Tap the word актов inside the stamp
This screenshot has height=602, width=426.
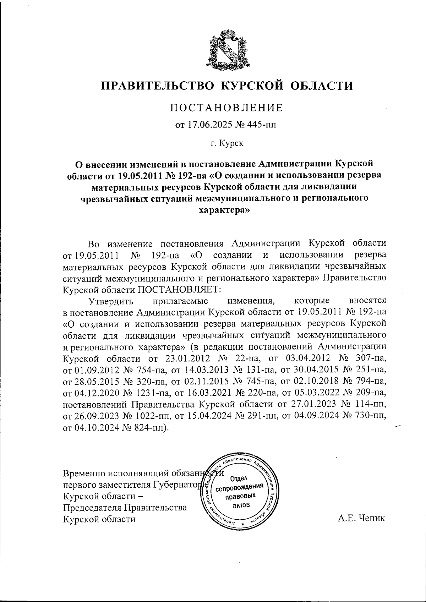point(241,505)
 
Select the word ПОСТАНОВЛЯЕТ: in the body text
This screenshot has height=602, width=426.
point(179,289)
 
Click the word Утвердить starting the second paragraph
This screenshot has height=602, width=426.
point(111,301)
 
